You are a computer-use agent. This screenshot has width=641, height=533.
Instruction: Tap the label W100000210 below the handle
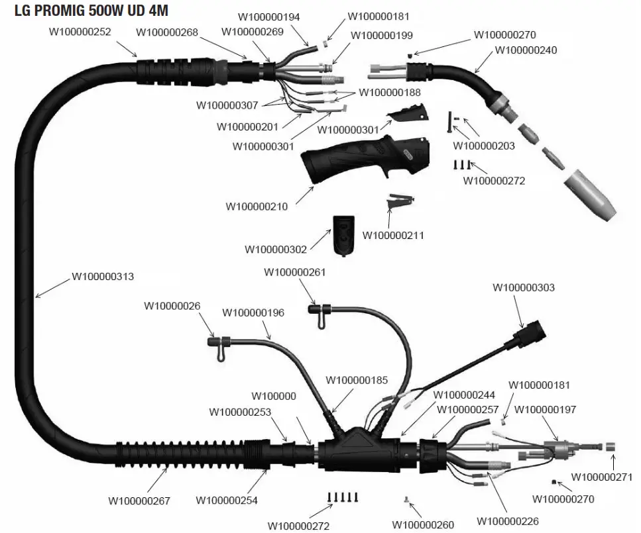257,207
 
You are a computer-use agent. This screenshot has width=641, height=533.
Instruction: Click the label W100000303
524,287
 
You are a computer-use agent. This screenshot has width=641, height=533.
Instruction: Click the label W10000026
174,305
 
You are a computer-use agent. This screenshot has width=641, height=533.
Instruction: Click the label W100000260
423,525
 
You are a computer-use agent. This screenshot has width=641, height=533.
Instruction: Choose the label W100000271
602,477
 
